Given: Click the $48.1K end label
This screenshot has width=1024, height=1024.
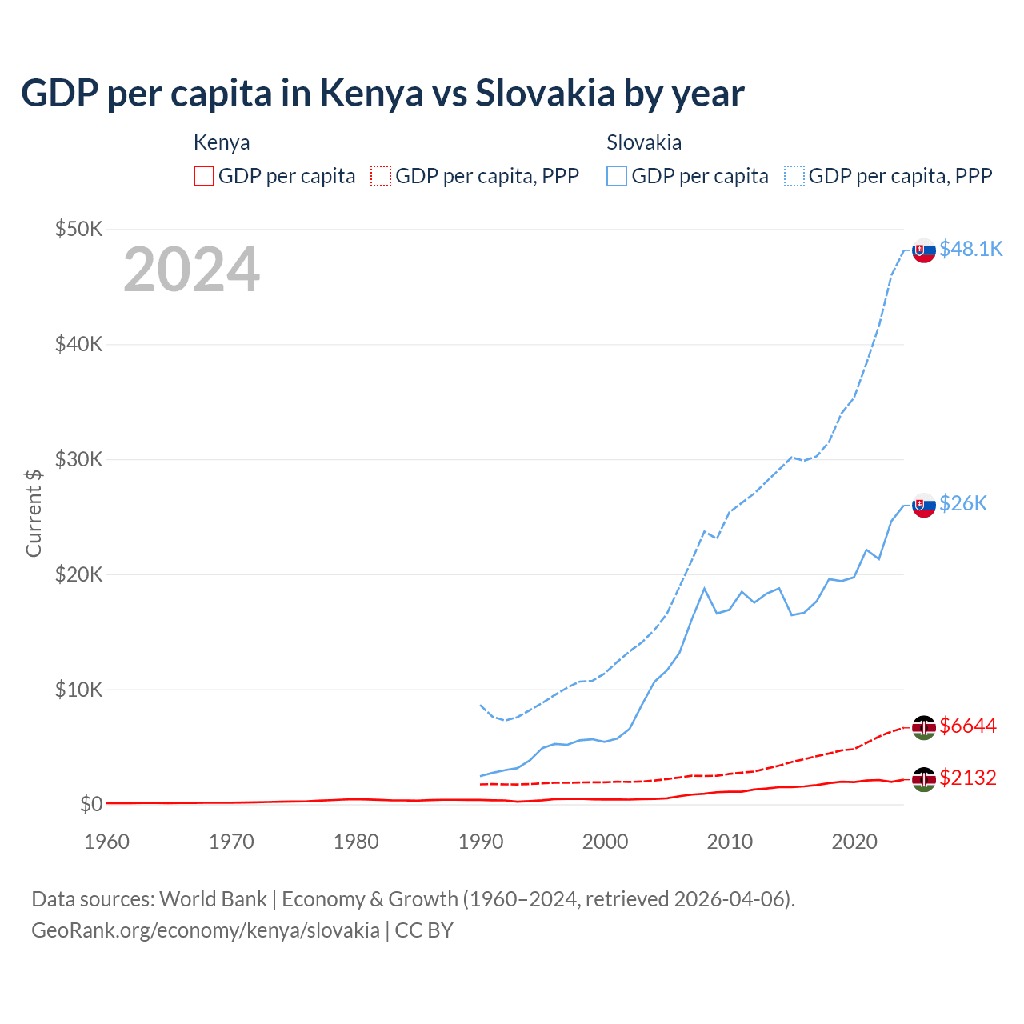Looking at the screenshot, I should pyautogui.click(x=970, y=249).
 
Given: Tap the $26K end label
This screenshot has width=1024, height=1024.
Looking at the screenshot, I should pyautogui.click(x=963, y=503).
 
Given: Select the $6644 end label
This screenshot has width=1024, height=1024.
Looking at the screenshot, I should pyautogui.click(x=968, y=726).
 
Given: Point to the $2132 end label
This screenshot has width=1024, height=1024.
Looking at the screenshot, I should pyautogui.click(x=968, y=778).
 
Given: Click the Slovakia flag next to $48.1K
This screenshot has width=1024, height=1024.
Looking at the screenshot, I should pyautogui.click(x=924, y=250).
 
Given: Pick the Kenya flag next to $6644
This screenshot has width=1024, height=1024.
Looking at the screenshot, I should pyautogui.click(x=924, y=727).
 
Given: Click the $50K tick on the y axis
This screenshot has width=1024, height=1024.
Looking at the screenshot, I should pyautogui.click(x=78, y=230).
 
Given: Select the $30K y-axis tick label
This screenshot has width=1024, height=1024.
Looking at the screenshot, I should pyautogui.click(x=78, y=459).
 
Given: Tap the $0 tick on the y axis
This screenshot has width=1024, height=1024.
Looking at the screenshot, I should pyautogui.click(x=91, y=804).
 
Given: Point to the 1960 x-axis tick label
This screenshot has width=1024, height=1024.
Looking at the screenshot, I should pyautogui.click(x=106, y=842).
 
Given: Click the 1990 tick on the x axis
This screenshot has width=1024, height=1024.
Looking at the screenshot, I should pyautogui.click(x=480, y=842).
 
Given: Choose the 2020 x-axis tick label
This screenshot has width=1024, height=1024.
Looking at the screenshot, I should pyautogui.click(x=854, y=842).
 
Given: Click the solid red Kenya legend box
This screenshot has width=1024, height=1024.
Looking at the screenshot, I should pyautogui.click(x=204, y=176).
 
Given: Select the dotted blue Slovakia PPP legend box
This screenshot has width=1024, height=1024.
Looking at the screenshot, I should pyautogui.click(x=794, y=176).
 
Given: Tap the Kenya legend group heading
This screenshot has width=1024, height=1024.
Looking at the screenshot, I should pyautogui.click(x=222, y=142).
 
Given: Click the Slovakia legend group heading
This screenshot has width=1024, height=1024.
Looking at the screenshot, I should pyautogui.click(x=644, y=142).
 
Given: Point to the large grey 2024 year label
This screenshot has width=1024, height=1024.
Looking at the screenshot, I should pyautogui.click(x=191, y=270).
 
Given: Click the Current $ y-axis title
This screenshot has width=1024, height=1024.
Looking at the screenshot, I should pyautogui.click(x=34, y=513).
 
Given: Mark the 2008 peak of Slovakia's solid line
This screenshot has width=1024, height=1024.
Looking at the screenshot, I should pyautogui.click(x=704, y=589).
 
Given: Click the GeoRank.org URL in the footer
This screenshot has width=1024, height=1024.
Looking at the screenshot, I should pyautogui.click(x=206, y=930).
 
